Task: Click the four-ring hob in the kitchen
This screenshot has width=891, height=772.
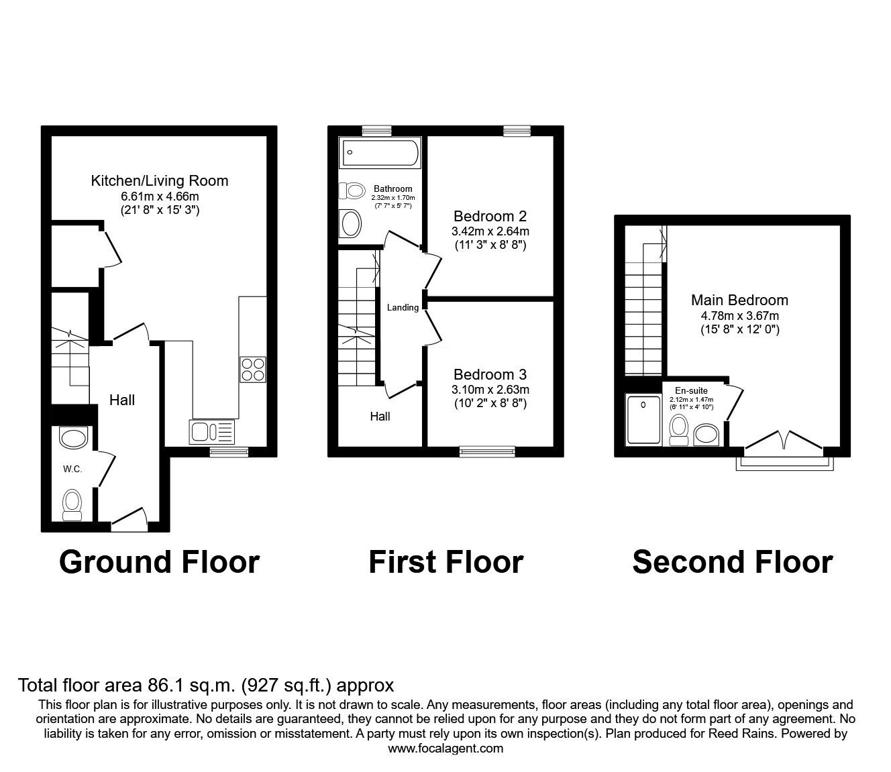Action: [252, 370]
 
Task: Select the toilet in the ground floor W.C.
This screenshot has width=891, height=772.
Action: [72, 504]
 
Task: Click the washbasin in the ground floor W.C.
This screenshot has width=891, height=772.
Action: [73, 439]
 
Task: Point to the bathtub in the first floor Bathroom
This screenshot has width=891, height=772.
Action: [380, 154]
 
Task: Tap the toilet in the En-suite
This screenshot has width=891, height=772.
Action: [678, 429]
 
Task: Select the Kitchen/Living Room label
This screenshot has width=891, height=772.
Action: [160, 180]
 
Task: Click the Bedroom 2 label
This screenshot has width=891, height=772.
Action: [490, 216]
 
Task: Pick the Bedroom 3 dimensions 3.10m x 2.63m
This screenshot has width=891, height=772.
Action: [490, 390]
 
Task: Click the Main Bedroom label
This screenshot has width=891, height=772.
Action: [739, 300]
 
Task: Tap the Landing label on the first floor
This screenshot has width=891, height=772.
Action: [403, 308]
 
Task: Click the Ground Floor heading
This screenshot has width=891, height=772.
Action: [159, 561]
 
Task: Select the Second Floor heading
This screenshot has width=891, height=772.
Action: [732, 561]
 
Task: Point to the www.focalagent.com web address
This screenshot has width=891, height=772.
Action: [445, 749]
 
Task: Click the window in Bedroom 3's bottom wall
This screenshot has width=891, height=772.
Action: [487, 452]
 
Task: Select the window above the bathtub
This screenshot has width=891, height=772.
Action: [376, 131]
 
